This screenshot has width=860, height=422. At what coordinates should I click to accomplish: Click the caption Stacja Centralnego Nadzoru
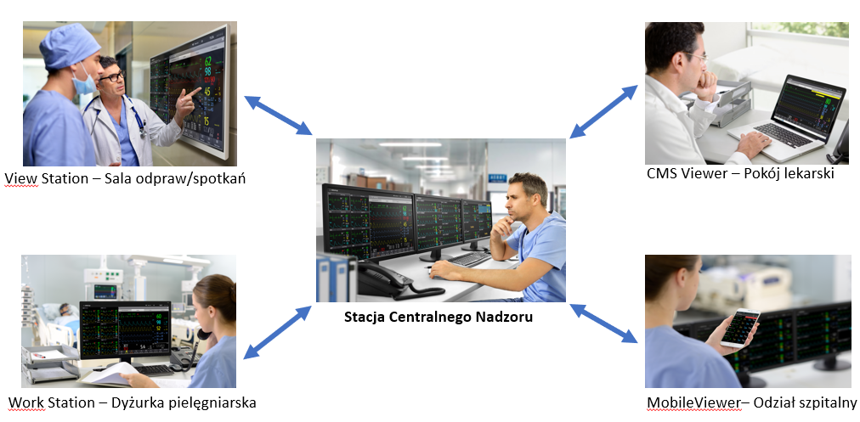tap(440, 318)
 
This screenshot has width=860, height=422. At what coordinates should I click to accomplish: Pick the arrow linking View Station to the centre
tap(278, 115)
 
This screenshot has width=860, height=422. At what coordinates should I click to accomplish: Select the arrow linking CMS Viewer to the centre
tap(604, 111)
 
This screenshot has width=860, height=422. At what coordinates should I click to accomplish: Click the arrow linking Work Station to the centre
tap(278, 333)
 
